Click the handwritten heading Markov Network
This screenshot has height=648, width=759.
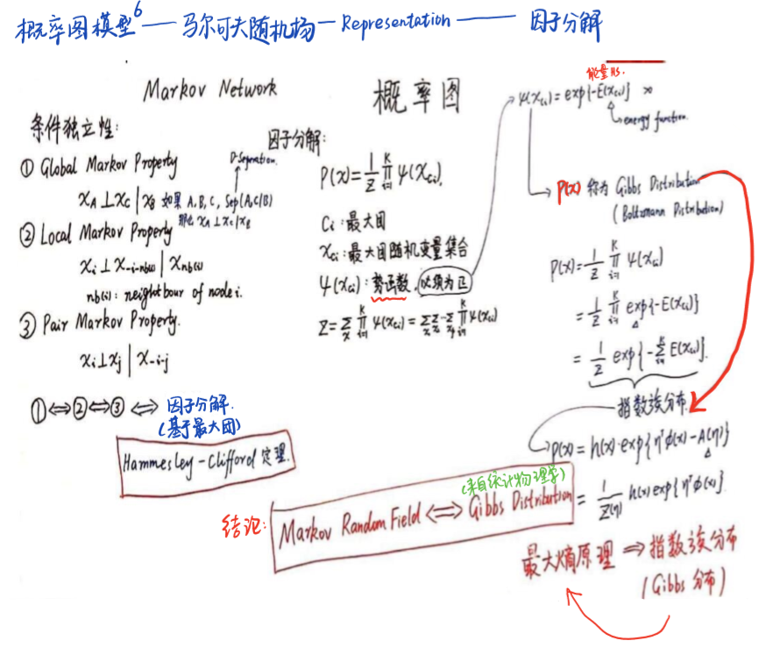pos(209,89)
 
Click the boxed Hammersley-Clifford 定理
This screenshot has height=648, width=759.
pos(208,458)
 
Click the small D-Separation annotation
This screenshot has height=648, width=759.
pos(255,161)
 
